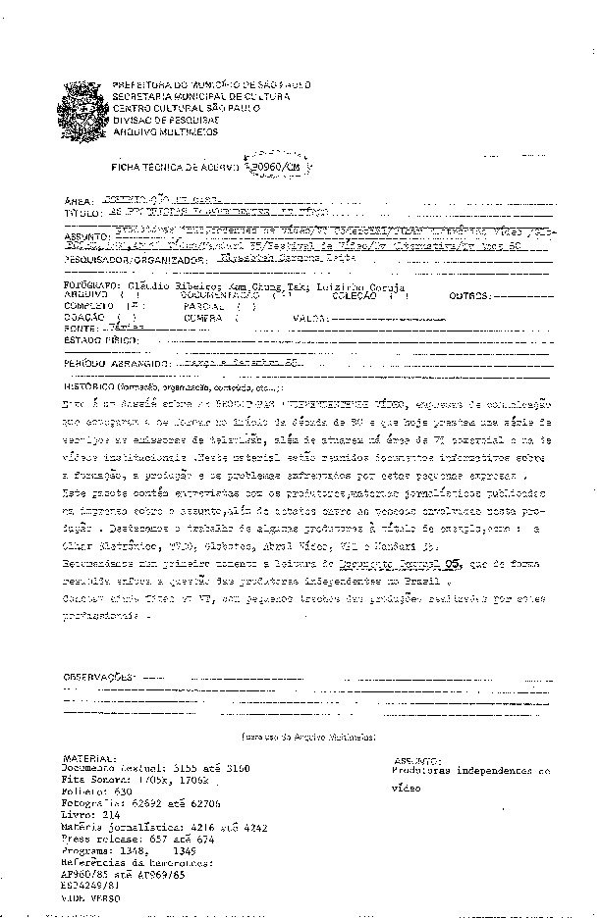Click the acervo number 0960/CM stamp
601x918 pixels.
pyautogui.click(x=276, y=168)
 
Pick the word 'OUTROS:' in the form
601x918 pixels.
pyautogui.click(x=469, y=295)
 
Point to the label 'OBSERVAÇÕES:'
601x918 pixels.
pyautogui.click(x=98, y=678)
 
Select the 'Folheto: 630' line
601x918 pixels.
pyautogui.click(x=96, y=790)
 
